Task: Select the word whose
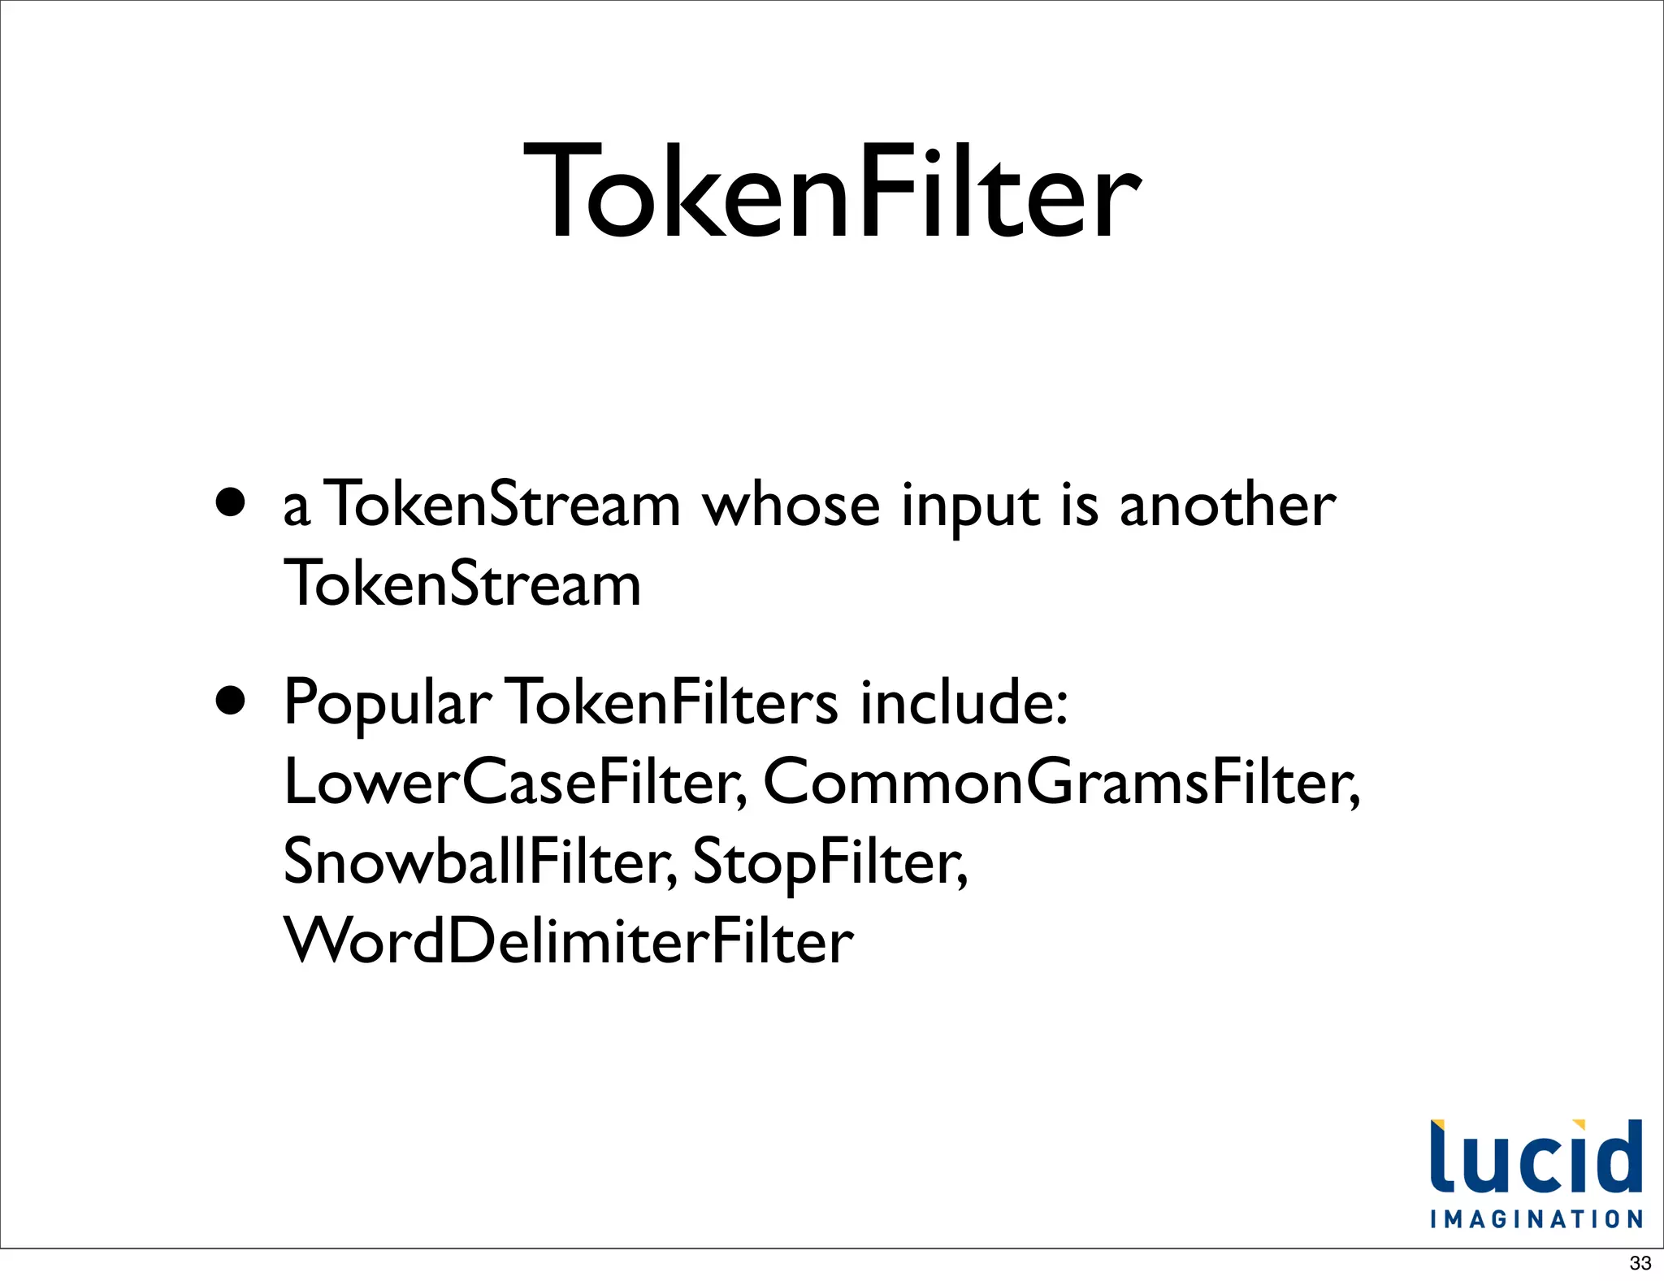[791, 506]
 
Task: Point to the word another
[1227, 506]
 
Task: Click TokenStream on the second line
[462, 584]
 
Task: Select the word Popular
[387, 704]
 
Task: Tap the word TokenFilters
[674, 702]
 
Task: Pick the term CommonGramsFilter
[1060, 782]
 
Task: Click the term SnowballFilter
[479, 862]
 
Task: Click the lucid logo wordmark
[1536, 1158]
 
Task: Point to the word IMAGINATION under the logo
[1536, 1219]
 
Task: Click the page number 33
[1640, 1263]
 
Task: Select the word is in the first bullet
[1080, 506]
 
